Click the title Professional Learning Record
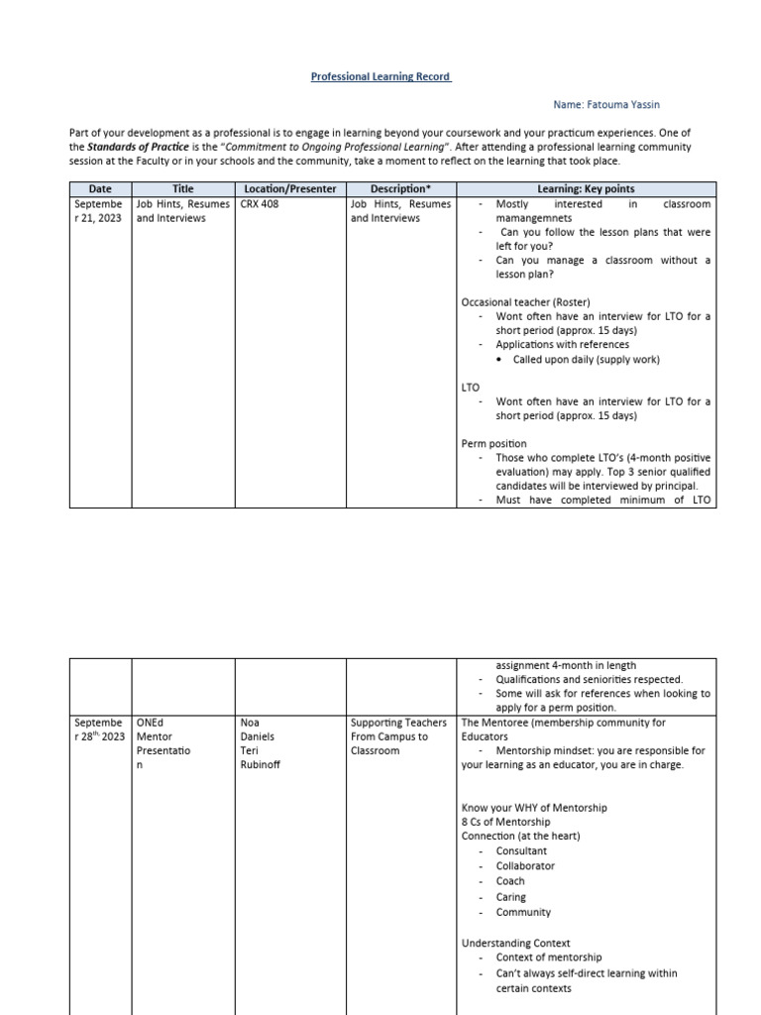click(380, 76)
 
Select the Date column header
click(100, 188)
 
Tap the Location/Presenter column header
click(290, 188)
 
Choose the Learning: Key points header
click(586, 188)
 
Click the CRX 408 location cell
click(260, 204)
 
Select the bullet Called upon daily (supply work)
click(586, 359)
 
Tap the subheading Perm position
click(494, 443)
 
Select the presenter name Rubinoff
click(261, 764)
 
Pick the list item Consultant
click(521, 850)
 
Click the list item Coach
click(510, 881)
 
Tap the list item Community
click(523, 912)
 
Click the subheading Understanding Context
click(515, 943)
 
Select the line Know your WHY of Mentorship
click(534, 807)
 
